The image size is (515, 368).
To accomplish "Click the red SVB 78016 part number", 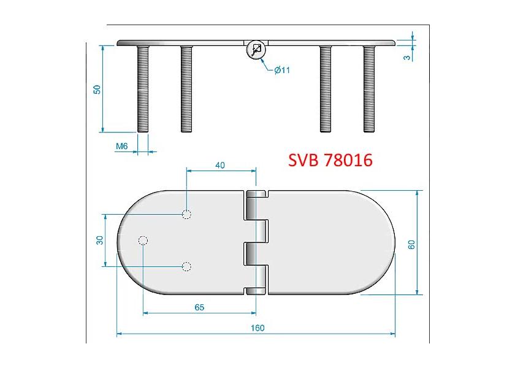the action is pos(330,160).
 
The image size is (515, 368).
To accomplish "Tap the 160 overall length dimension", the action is pos(257,328).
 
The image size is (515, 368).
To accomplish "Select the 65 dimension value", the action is pos(199,307).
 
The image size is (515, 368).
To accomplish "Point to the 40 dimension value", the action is pos(220,165).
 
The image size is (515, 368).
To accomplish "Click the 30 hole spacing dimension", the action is pos(99,240).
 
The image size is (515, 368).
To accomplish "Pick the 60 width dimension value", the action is pos(411,245).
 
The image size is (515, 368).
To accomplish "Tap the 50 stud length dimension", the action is pos(97,90).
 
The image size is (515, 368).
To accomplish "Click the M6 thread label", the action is pos(121,146).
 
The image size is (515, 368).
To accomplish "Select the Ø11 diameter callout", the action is pos(282,70).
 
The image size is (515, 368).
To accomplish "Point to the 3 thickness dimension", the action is pos(407,58).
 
